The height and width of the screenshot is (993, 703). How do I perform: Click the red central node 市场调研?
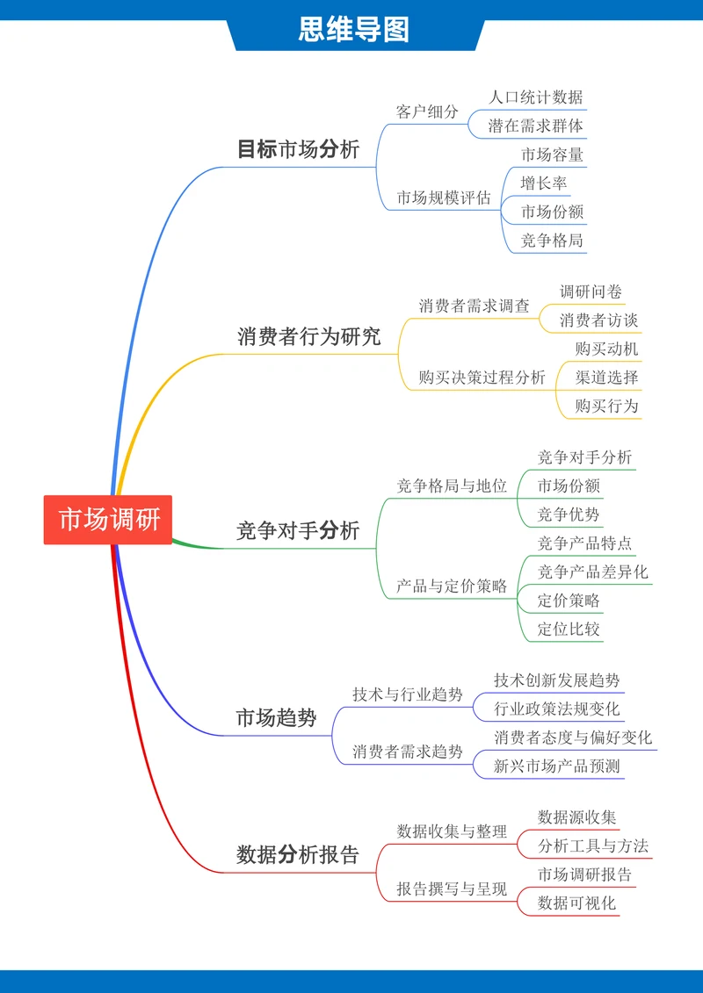pyautogui.click(x=108, y=520)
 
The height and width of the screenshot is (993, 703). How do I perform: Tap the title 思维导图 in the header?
pyautogui.click(x=353, y=30)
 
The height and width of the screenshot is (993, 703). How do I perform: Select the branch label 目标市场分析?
pyautogui.click(x=298, y=149)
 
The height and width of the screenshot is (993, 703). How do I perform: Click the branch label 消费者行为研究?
pyautogui.click(x=308, y=336)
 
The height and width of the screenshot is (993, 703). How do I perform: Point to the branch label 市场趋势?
pyautogui.click(x=276, y=718)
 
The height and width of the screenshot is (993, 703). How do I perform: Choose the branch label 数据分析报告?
pyautogui.click(x=298, y=855)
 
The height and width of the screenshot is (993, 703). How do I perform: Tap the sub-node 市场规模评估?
pyautogui.click(x=443, y=198)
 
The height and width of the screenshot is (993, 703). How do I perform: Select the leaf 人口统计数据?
pyautogui.click(x=535, y=97)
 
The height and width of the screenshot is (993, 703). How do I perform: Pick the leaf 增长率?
pyautogui.click(x=543, y=183)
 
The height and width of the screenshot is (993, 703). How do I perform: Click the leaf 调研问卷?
pyautogui.click(x=591, y=291)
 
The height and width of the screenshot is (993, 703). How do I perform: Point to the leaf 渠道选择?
pyautogui.click(x=606, y=378)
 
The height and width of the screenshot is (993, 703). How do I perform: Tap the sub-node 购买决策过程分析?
pyautogui.click(x=482, y=378)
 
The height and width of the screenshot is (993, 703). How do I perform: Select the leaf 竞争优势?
pyautogui.click(x=569, y=514)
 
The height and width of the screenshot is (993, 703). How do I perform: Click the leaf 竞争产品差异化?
pyautogui.click(x=592, y=572)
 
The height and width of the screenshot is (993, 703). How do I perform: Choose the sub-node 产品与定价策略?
pyautogui.click(x=451, y=586)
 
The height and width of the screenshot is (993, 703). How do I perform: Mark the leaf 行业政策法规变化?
pyautogui.click(x=556, y=709)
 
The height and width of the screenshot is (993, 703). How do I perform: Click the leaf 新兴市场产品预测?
pyautogui.click(x=556, y=766)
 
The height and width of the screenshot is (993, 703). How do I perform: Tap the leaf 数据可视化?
pyautogui.click(x=576, y=903)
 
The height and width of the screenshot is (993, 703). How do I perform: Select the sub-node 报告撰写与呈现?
pyautogui.click(x=451, y=889)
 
